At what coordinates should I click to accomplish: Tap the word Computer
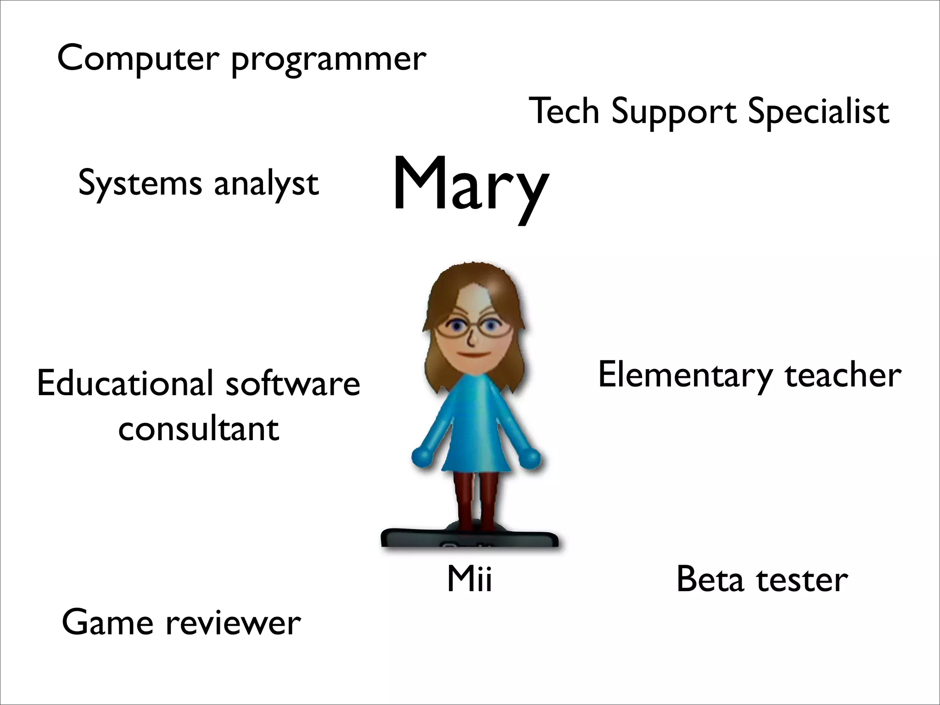point(138,58)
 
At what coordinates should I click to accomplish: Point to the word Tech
point(565,111)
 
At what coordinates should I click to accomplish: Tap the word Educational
point(125,383)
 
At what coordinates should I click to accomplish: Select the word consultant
point(199,429)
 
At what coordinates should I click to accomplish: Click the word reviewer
point(233,623)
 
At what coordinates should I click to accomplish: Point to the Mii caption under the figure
point(470,579)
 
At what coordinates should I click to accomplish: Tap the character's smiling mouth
point(473,355)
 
